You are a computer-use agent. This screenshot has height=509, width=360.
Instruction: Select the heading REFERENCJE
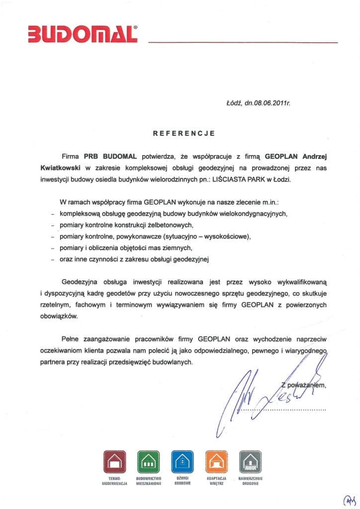(x=183, y=133)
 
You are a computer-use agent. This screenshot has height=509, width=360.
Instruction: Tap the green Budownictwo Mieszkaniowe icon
(x=147, y=462)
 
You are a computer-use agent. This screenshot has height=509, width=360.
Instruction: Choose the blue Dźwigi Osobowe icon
(x=181, y=462)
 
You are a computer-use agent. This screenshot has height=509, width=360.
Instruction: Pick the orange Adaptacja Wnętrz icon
(x=216, y=462)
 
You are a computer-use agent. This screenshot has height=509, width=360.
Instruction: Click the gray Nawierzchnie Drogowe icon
(x=250, y=462)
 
